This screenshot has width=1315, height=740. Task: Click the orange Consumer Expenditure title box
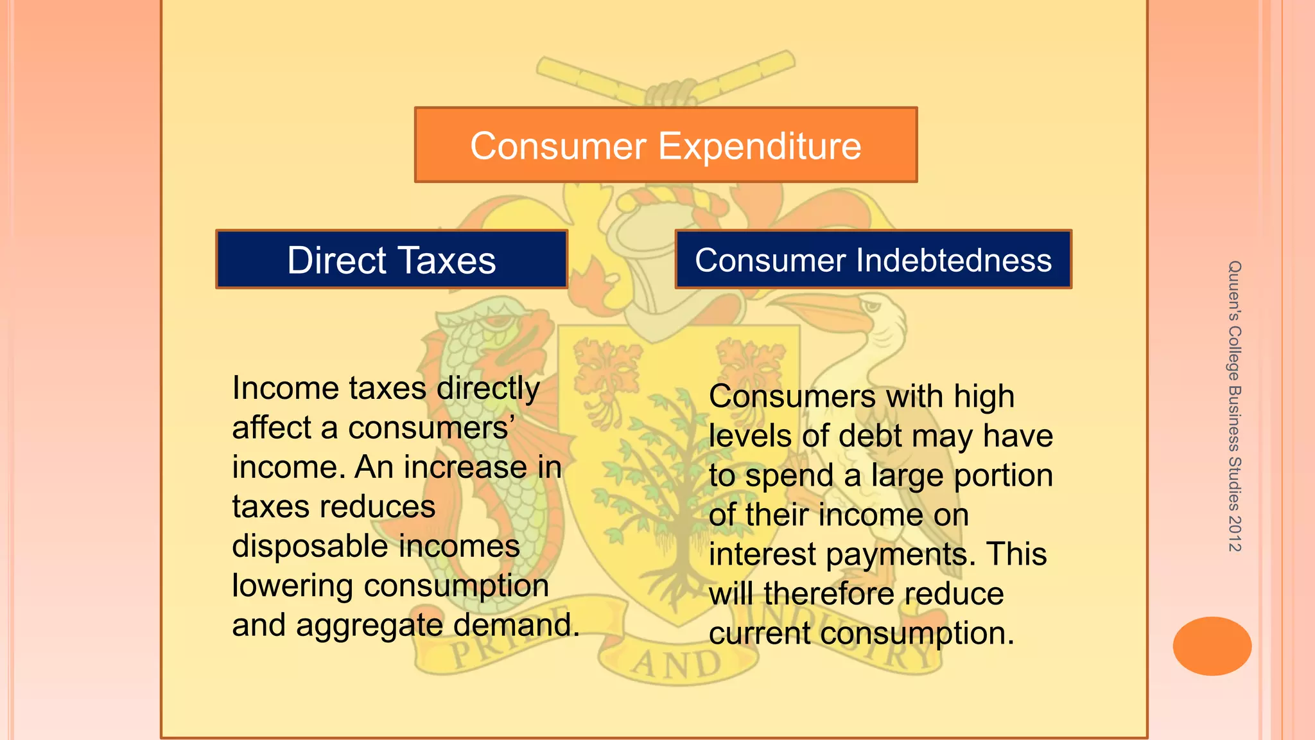coord(666,145)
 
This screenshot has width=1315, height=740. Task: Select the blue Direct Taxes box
coord(392,260)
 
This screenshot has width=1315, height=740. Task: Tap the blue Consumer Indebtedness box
coord(873,260)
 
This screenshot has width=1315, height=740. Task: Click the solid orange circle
coord(1212,646)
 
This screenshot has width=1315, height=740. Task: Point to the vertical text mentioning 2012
coord(1234,406)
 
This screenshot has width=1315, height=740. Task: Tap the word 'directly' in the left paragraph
coord(488,389)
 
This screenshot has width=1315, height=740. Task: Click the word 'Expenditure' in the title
coord(760,146)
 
